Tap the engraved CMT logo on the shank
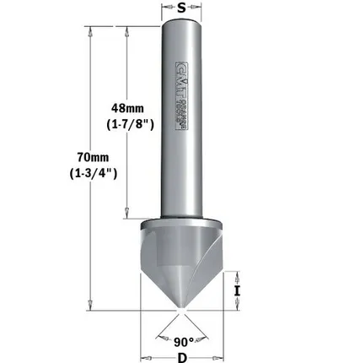[x=180, y=93]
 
